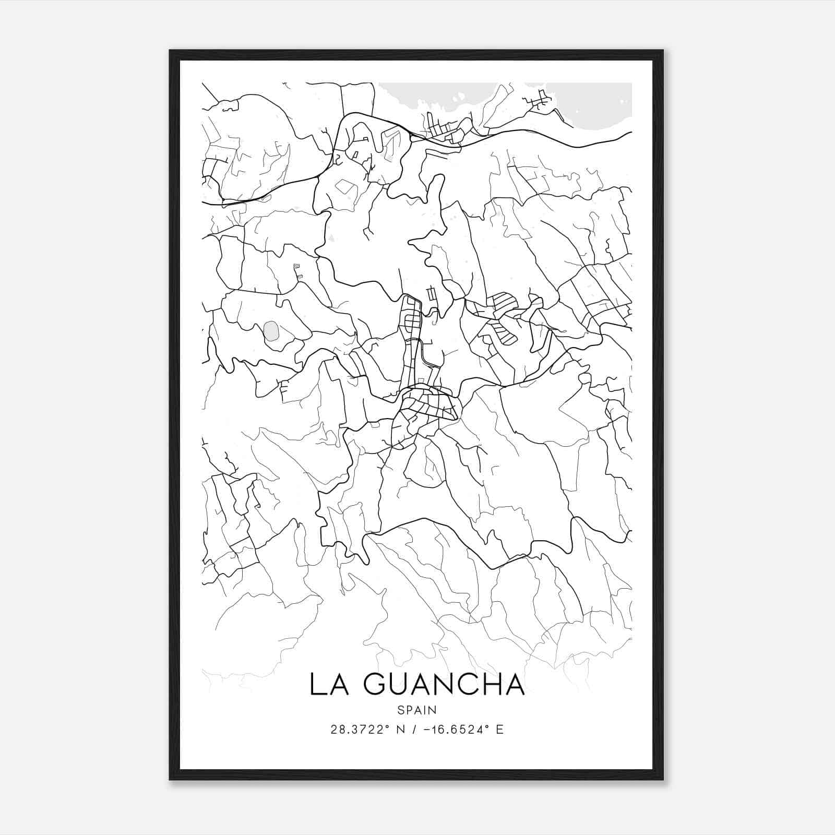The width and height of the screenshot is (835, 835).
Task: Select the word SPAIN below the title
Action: pos(417,710)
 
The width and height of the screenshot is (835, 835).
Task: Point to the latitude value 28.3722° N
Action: pos(365,730)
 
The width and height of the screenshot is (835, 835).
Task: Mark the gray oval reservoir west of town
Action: pos(271,330)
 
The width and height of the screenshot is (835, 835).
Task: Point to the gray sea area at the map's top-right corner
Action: pos(605,104)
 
